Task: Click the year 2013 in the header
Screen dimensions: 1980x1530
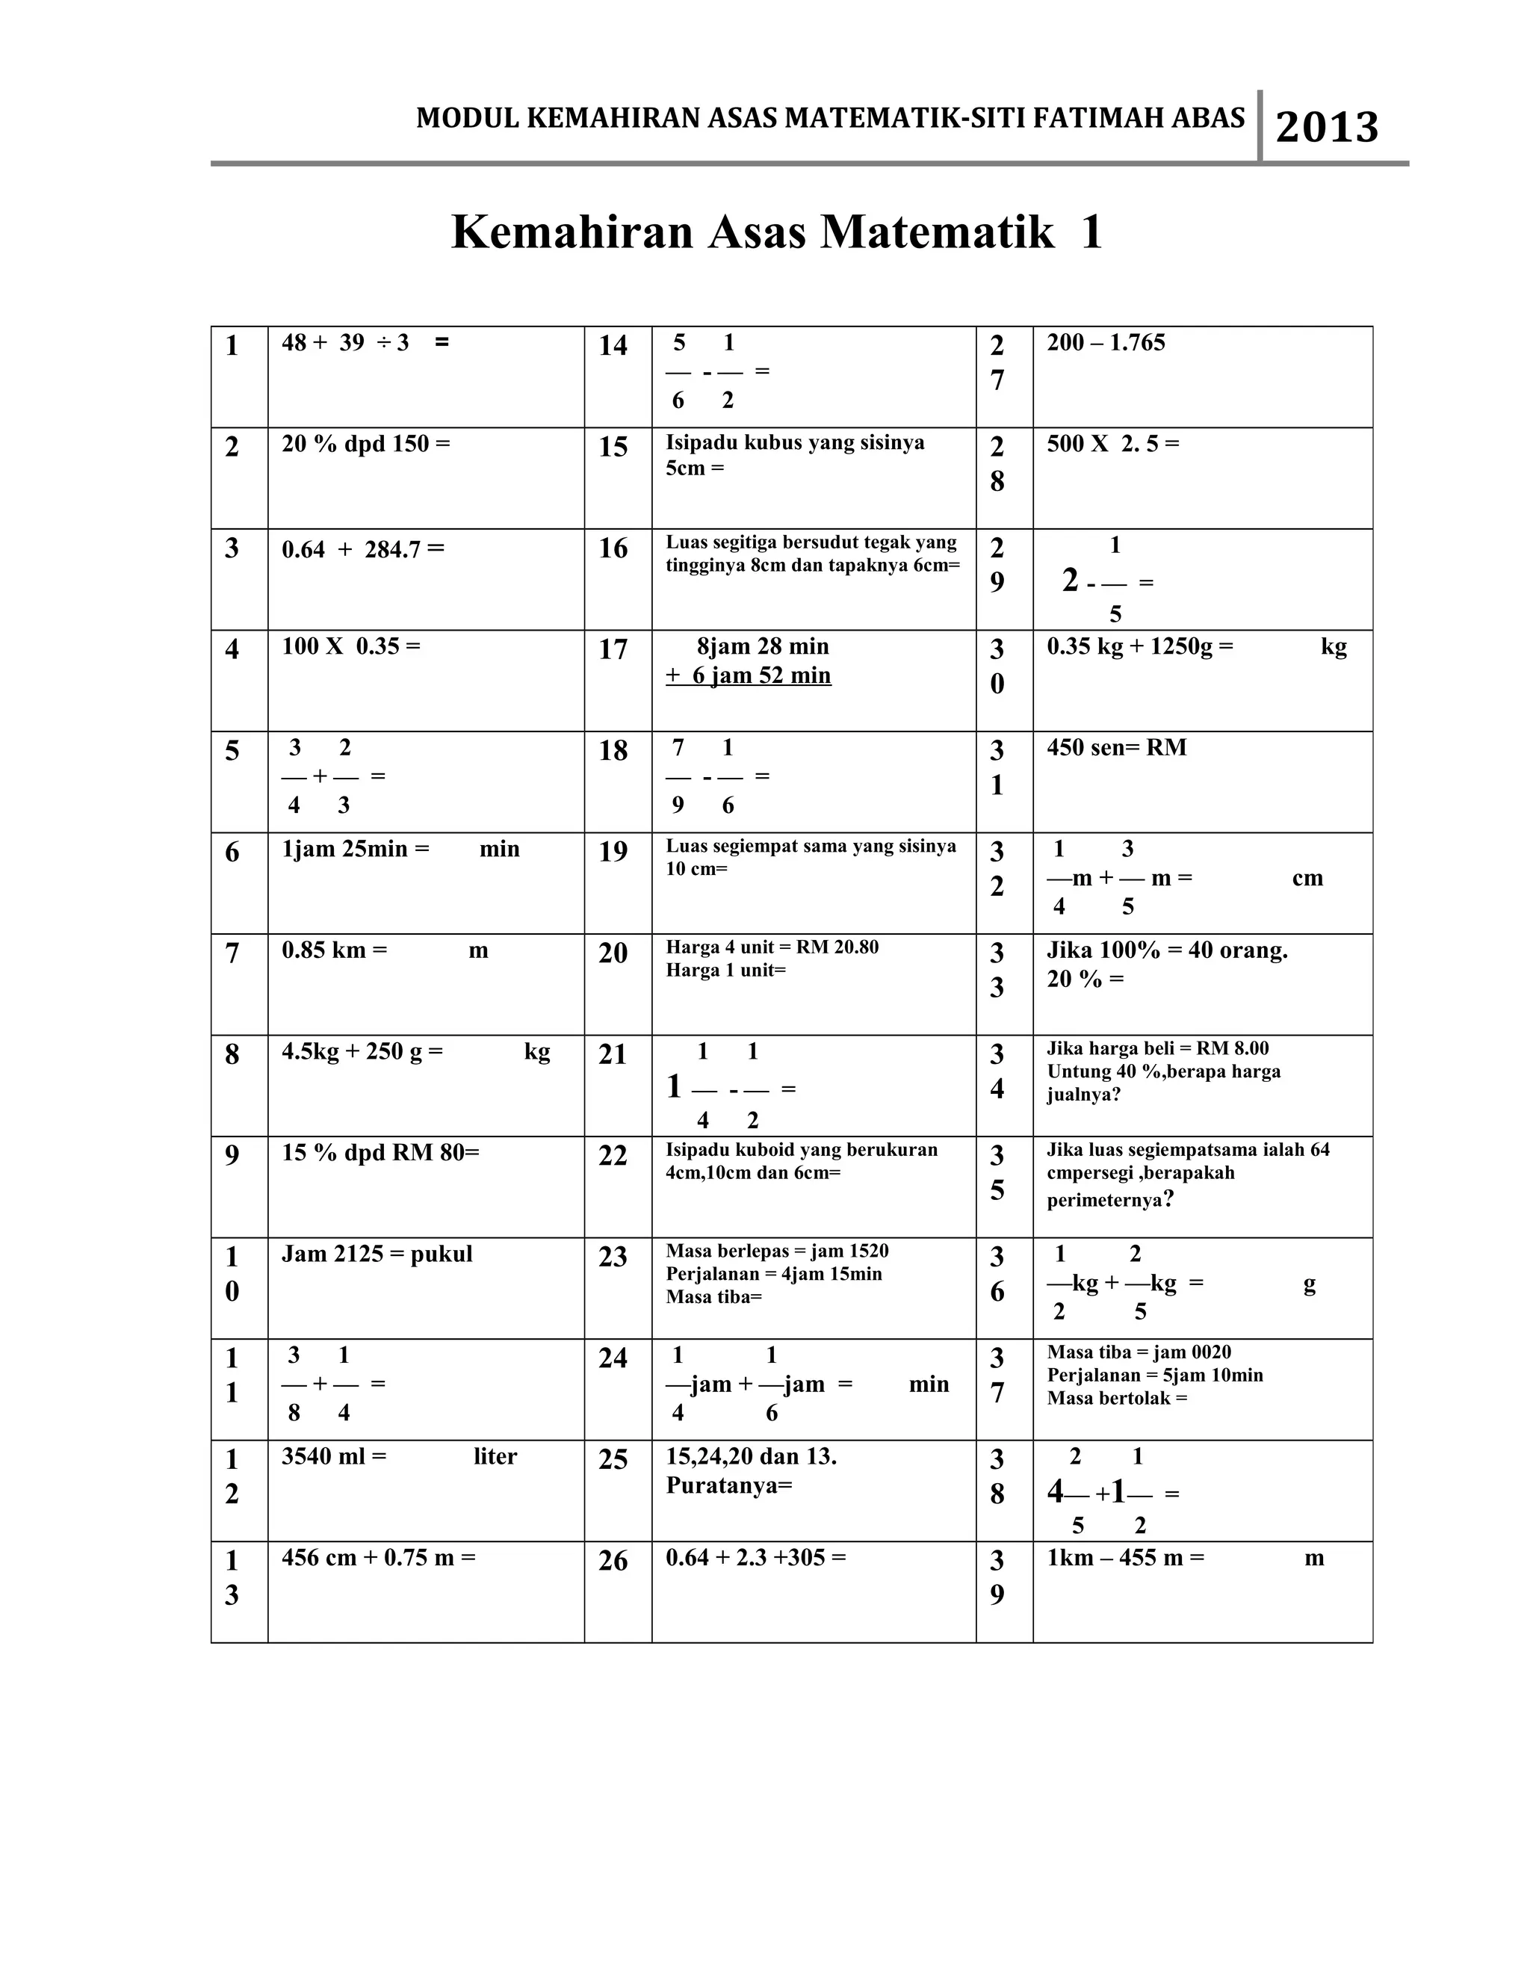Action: [1326, 128]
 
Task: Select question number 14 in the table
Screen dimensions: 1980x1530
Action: [613, 345]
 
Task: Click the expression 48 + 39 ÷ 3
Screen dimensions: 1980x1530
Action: [345, 343]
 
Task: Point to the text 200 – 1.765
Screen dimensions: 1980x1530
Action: [1106, 343]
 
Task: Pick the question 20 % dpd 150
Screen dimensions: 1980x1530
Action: [365, 445]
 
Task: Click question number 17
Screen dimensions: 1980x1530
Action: [613, 649]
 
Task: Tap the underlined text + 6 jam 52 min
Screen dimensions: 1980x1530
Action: [748, 675]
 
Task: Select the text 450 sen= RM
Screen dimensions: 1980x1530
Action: [1116, 748]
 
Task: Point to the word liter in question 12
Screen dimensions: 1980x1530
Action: [495, 1457]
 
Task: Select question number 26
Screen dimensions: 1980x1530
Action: [613, 1560]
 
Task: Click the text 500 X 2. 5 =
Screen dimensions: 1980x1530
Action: [1113, 445]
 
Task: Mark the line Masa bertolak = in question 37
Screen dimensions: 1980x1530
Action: [1117, 1398]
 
